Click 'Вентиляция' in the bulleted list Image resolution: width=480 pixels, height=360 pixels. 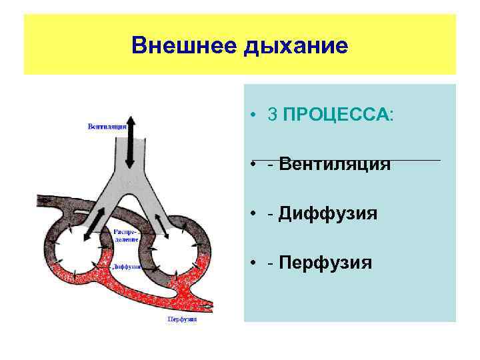pos(335,164)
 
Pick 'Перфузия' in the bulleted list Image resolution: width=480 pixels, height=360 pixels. pos(325,263)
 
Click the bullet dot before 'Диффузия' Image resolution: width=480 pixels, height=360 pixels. pos(255,214)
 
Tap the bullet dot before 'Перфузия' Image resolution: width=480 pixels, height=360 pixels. pos(255,263)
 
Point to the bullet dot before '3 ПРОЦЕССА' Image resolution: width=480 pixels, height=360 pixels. pos(255,115)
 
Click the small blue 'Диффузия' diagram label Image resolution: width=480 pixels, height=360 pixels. pos(126,266)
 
